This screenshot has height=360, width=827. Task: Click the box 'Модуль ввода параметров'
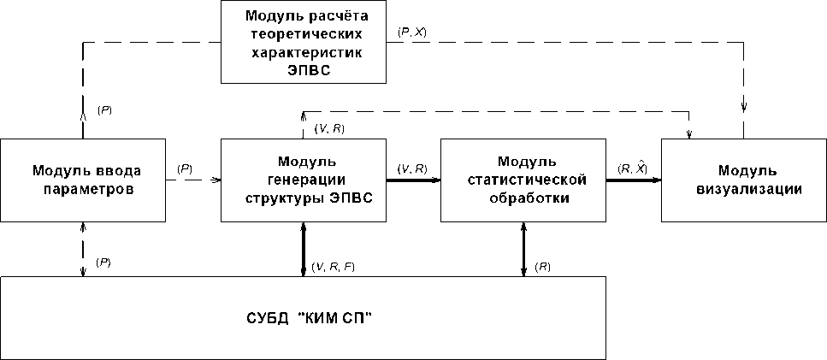click(83, 180)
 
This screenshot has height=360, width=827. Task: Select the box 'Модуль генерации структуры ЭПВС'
click(304, 180)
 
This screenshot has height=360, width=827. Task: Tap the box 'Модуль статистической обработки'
click(523, 180)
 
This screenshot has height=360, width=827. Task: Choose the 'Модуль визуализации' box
click(743, 180)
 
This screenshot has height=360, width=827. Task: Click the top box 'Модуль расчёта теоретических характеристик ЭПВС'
click(304, 42)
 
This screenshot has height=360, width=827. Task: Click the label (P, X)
click(412, 32)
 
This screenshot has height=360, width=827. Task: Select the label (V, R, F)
click(334, 267)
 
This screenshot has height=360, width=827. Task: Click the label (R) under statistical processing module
click(542, 267)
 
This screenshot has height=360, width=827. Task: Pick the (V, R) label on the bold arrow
click(413, 169)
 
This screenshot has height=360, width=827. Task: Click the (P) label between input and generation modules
click(184, 169)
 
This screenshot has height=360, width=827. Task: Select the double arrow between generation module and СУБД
click(304, 249)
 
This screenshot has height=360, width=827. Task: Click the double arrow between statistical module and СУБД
click(523, 249)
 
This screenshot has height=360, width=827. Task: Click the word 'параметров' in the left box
click(84, 189)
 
